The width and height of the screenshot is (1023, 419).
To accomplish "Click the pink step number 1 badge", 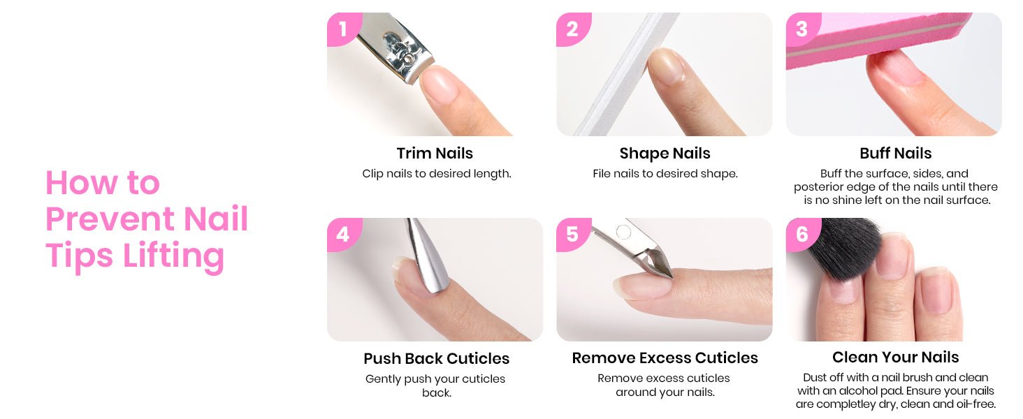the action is pos(343,29).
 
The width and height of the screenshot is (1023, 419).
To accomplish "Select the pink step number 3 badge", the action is pos(802,29).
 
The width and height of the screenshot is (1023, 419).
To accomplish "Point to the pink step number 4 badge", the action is pos(343,234).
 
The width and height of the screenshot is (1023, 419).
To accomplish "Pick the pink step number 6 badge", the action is pos(802,234).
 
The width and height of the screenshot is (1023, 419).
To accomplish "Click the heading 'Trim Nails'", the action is pos(435,154).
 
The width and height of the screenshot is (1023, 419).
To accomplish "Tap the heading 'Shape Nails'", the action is pos(665,154).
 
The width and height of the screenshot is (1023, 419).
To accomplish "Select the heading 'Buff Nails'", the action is pos(896,154).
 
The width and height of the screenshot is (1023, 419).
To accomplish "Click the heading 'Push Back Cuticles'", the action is pos(436,359).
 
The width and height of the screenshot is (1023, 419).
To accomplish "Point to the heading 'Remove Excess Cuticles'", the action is pos(665,358).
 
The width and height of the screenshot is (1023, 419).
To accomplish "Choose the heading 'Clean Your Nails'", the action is pos(896,358).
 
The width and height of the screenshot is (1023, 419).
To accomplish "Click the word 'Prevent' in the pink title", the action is pos(110,219).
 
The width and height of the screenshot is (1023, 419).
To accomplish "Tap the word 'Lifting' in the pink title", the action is pos(173,257).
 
